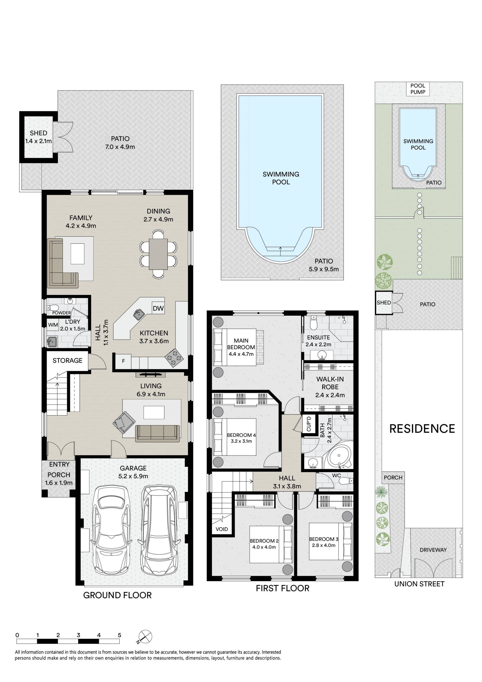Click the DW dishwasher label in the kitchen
tap(158, 308)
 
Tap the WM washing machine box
tap(53, 325)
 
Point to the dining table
tap(158, 254)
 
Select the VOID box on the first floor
tap(222, 529)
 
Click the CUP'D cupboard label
tap(309, 424)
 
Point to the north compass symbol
tap(145, 637)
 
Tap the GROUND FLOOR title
tap(117, 595)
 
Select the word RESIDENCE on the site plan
tap(422, 429)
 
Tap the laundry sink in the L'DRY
tap(52, 342)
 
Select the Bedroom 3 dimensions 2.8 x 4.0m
tap(324, 545)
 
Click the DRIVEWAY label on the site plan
tap(433, 550)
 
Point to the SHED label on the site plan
tap(384, 303)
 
